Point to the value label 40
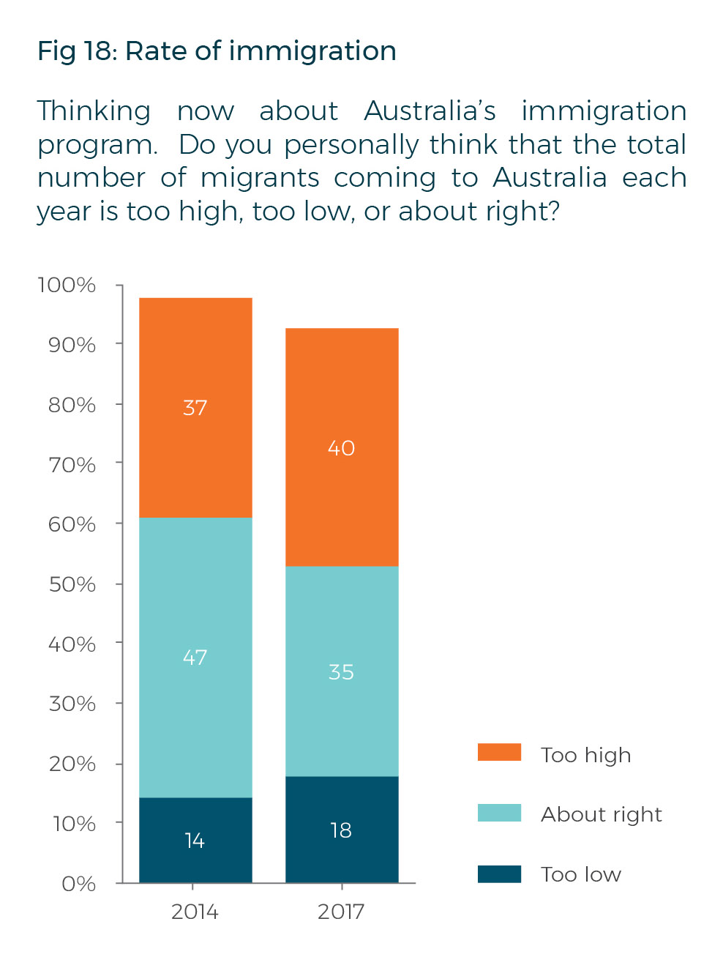341,447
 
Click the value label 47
195,657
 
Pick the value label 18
341,830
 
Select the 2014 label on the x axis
195,912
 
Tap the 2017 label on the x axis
341,912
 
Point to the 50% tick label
72,584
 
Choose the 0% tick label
78,884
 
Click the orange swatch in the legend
499,753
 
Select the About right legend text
602,814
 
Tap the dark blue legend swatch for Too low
499,874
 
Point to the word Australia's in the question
430,111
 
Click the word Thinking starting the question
94,111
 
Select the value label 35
341,671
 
